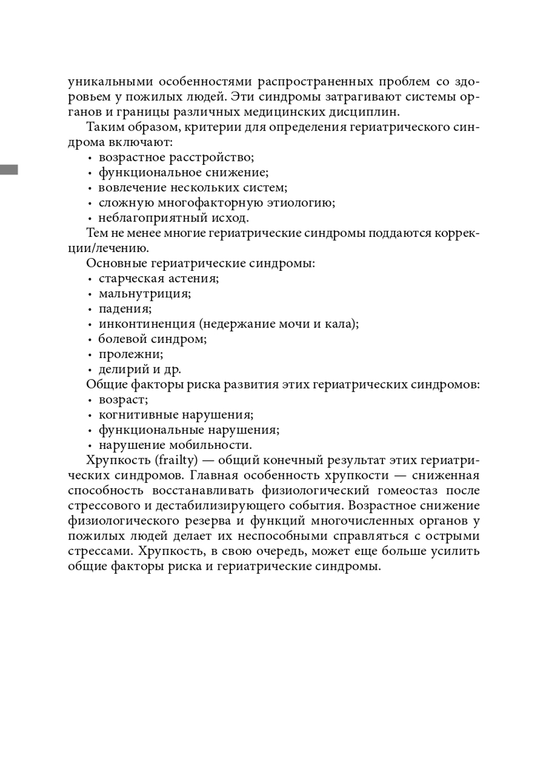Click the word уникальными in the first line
(110, 82)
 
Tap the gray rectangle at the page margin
(9, 169)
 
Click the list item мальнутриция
(144, 294)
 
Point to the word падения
(125, 309)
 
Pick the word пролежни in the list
(131, 354)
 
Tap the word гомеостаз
(408, 491)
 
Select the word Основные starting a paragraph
(117, 263)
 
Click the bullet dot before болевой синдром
(90, 339)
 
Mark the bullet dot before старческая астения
(90, 279)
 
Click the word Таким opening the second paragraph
(105, 128)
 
